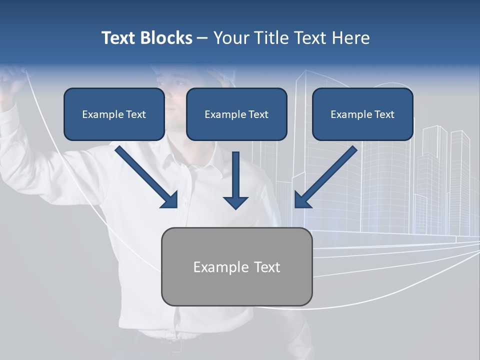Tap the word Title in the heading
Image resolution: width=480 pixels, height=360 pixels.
pos(270,38)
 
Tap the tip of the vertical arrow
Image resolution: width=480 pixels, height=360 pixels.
pos(235,207)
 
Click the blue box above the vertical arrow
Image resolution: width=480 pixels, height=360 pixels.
pos(236,114)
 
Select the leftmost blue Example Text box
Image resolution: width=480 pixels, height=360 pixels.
pos(114,114)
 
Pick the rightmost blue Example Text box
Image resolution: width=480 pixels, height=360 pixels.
pos(362,114)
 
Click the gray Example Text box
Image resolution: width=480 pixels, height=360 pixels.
pos(236,266)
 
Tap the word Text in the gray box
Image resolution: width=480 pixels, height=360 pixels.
pos(266,267)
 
